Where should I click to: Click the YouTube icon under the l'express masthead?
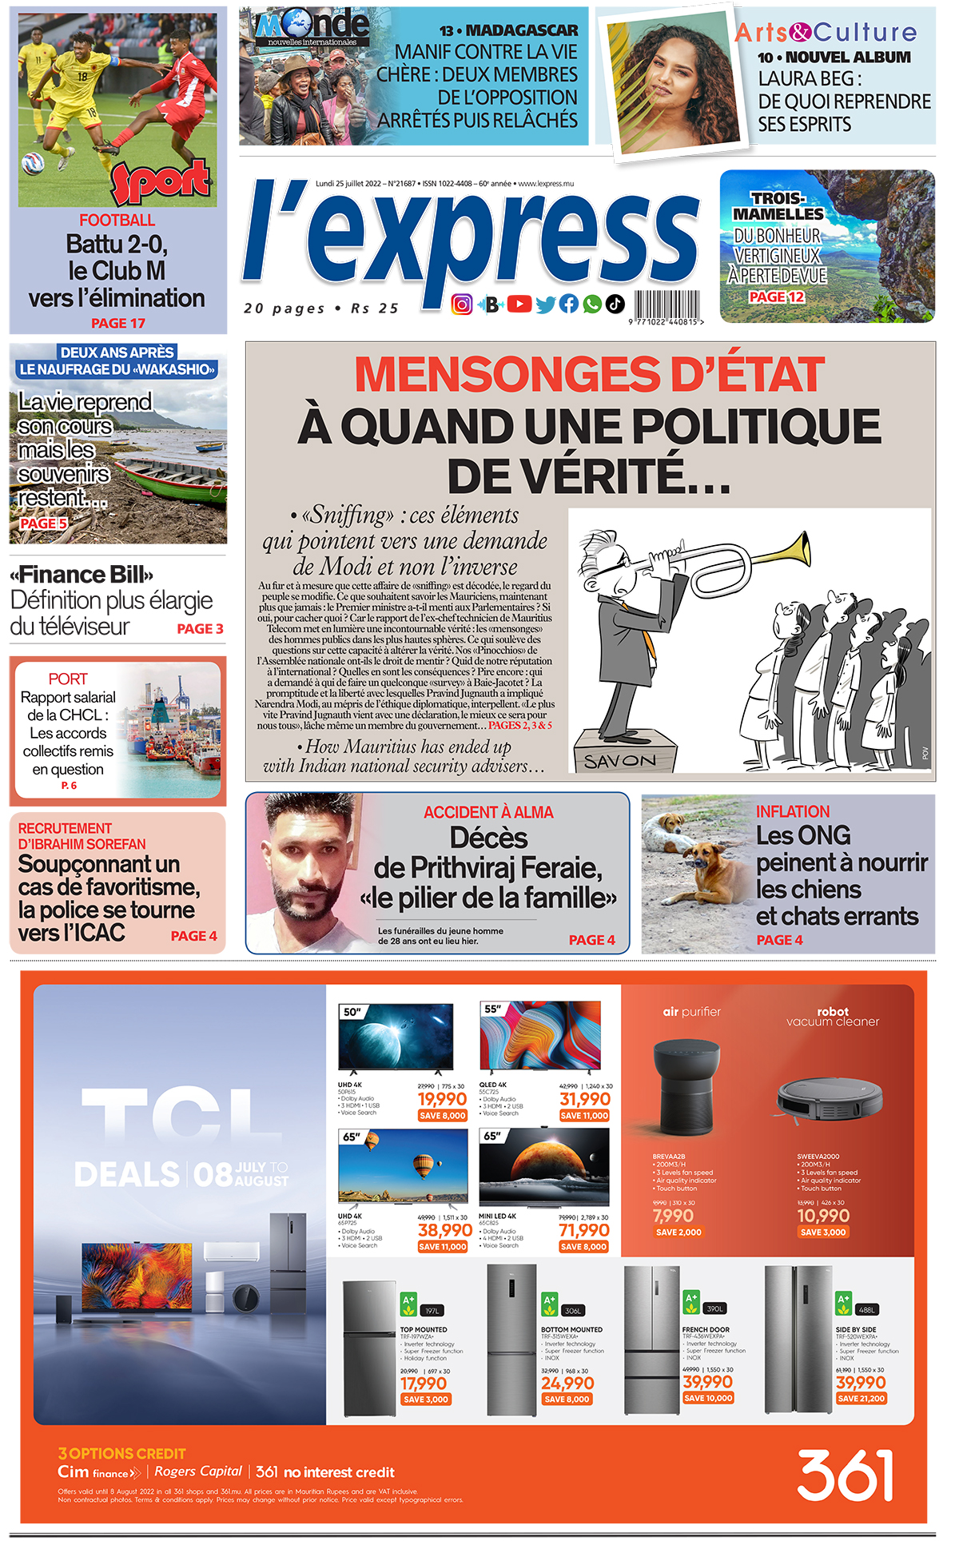point(519,304)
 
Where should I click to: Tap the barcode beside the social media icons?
point(667,306)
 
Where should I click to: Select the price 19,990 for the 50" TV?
point(442,1099)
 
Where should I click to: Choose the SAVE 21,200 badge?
point(862,1398)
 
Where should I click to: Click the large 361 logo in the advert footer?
point(845,1475)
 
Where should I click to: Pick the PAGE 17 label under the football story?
point(118,323)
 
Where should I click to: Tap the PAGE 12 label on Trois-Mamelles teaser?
point(776,297)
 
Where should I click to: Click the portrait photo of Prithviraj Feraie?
point(302,873)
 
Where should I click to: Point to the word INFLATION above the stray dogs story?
point(793,811)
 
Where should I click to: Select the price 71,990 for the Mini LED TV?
point(583,1230)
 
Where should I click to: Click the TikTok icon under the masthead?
point(615,304)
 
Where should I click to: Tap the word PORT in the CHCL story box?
point(68,679)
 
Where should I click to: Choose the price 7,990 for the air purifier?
point(673,1216)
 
